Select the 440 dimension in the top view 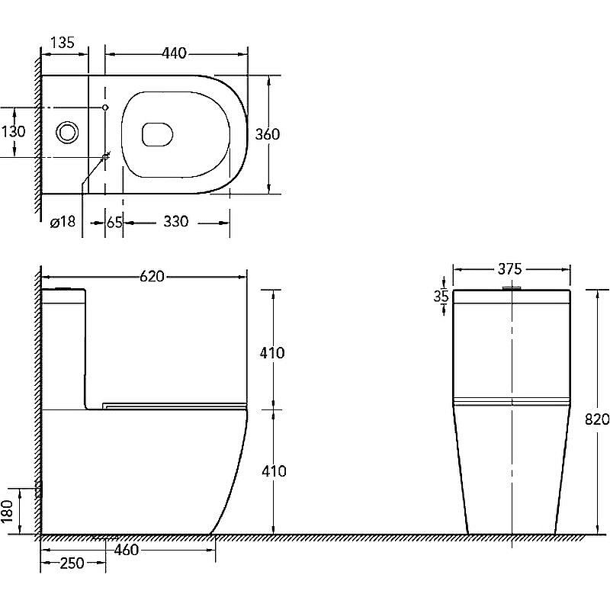pos(175,53)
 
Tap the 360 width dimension pos(267,134)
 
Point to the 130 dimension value pos(13,131)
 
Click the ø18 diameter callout pos(62,222)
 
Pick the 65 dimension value pos(114,222)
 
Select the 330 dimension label pos(175,222)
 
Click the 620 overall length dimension pos(152,276)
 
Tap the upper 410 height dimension pos(273,353)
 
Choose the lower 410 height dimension pos(273,471)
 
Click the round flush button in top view pos(67,132)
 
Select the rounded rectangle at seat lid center pos(157,133)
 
